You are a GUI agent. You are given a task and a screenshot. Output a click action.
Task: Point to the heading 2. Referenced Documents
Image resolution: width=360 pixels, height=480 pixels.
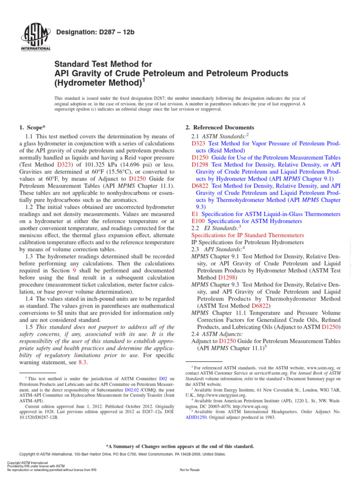(220, 127)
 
